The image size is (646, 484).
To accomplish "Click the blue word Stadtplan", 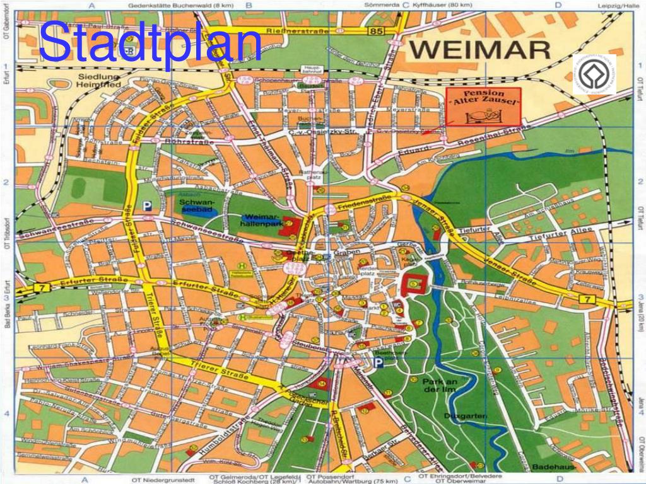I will coord(150,42).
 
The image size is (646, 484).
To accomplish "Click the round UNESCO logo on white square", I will coord(594,74).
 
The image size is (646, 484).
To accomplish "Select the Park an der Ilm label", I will coord(440,386).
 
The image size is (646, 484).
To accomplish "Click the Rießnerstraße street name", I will coord(291,30).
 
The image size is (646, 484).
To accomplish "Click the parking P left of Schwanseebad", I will coord(147,205).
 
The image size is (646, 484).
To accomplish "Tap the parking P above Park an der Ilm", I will coord(377,364).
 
